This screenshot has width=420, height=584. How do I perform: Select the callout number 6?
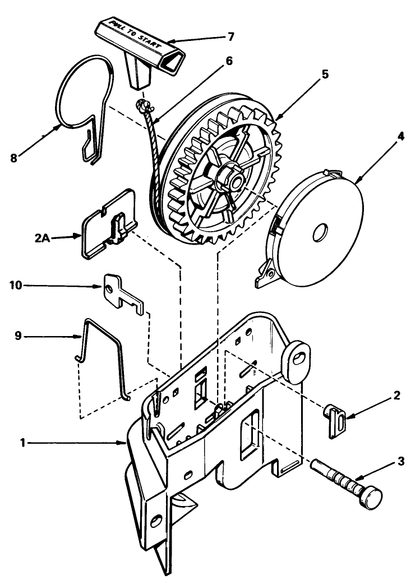(x=229, y=61)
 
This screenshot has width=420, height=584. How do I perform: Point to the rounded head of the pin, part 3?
(x=371, y=497)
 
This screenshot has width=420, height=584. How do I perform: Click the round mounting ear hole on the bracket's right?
(x=297, y=358)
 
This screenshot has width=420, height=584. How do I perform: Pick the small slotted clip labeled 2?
(x=335, y=421)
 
